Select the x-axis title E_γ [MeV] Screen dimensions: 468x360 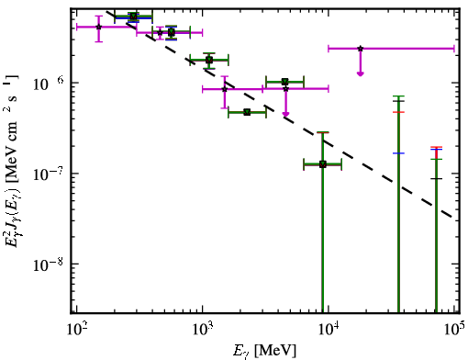point(264,351)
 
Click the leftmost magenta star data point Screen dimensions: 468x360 point(98,27)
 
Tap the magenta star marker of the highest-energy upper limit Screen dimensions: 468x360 point(361,49)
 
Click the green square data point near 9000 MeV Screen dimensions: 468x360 point(322,164)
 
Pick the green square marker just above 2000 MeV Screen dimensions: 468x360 point(247,112)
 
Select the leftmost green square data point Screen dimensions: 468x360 point(133,17)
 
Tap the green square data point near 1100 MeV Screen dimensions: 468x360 point(209,60)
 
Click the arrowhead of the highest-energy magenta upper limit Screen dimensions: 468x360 point(361,73)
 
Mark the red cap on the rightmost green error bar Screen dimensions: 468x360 point(436,147)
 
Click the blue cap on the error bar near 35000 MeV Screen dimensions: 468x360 point(398,153)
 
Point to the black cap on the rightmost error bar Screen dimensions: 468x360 point(436,178)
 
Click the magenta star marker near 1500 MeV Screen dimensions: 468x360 point(225,89)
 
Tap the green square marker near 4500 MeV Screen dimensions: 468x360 point(284,82)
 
